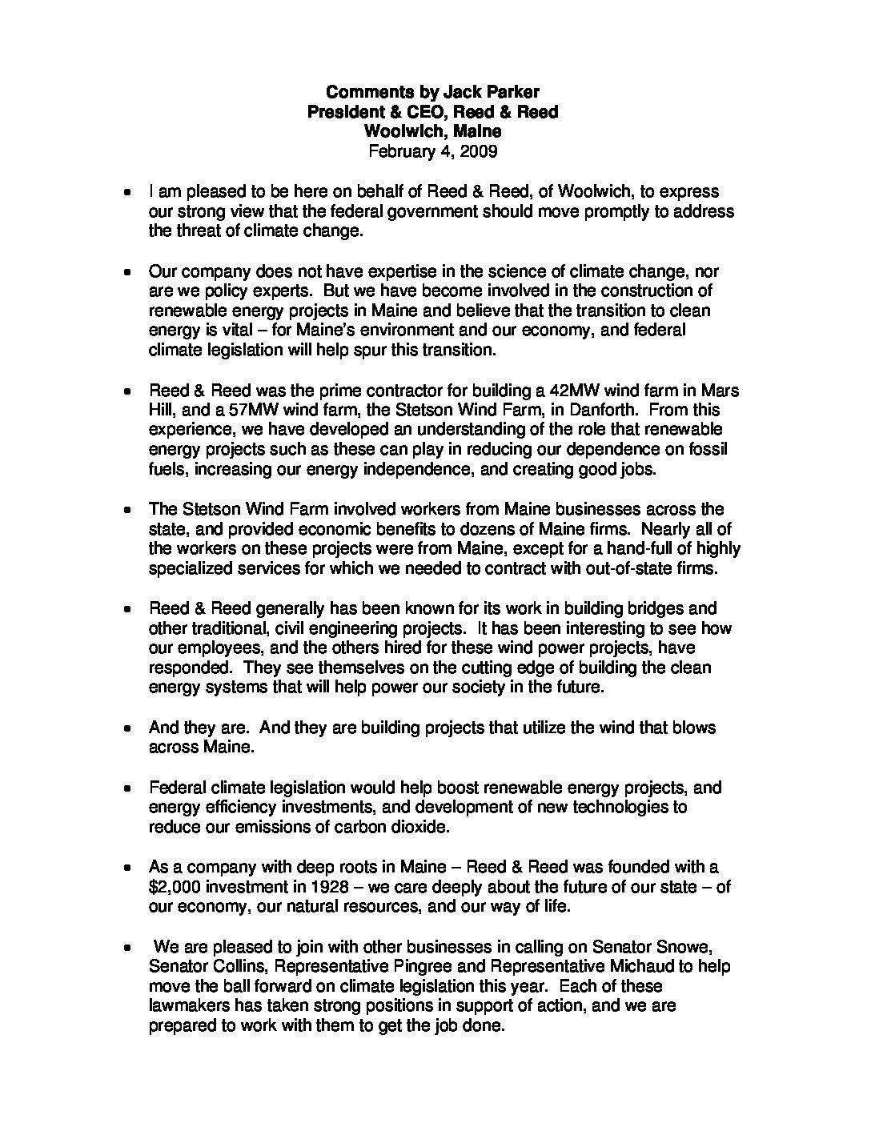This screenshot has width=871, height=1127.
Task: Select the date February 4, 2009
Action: (432, 150)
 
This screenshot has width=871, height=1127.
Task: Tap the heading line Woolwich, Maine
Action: (432, 130)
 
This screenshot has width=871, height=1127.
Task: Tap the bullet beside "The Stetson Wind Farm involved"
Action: (127, 511)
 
